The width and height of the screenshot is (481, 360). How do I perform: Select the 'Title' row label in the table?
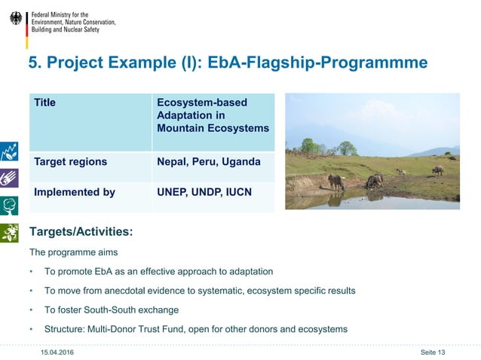pyautogui.click(x=44, y=102)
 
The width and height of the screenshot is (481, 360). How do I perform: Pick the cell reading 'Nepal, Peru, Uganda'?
pyautogui.click(x=209, y=162)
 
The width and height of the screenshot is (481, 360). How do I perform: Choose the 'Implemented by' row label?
pyautogui.click(x=75, y=192)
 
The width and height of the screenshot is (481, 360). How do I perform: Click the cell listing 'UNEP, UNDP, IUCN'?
pyautogui.click(x=204, y=192)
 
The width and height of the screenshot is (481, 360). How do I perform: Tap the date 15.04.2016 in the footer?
pyautogui.click(x=57, y=352)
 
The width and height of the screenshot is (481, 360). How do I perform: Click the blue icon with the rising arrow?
pyautogui.click(x=9, y=150)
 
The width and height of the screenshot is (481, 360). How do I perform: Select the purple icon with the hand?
pyautogui.click(x=9, y=178)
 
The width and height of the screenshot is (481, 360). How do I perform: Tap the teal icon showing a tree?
pyautogui.click(x=9, y=206)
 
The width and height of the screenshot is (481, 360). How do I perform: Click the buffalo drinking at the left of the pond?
pyautogui.click(x=336, y=182)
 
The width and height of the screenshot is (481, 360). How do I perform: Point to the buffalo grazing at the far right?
pyautogui.click(x=437, y=170)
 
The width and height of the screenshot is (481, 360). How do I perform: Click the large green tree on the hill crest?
pyautogui.click(x=347, y=148)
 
